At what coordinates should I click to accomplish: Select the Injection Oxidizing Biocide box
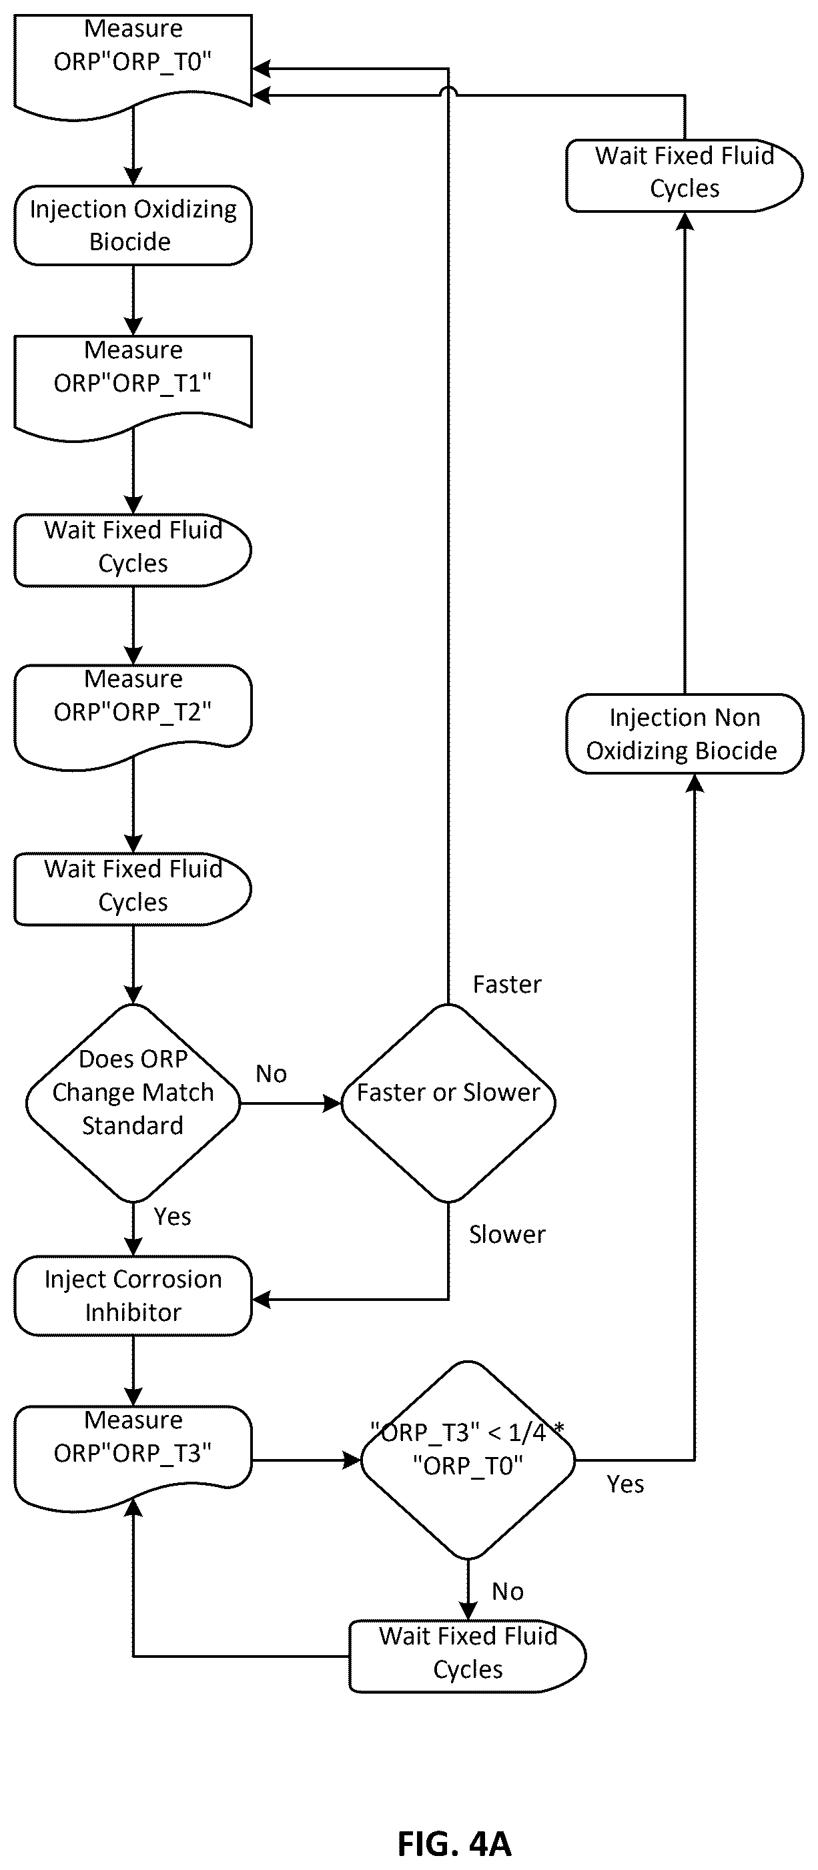[133, 225]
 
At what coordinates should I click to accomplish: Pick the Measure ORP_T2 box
[133, 715]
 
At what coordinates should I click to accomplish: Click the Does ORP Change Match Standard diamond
[133, 1103]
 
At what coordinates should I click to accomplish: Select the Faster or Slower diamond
[448, 1103]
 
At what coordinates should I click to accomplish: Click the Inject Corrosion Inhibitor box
[133, 1296]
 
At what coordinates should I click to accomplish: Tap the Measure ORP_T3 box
[133, 1456]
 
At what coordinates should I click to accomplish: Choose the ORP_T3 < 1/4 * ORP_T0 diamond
[468, 1460]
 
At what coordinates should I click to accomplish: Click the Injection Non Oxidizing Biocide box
[685, 734]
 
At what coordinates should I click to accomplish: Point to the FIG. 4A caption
[454, 1843]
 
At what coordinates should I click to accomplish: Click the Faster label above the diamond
[506, 984]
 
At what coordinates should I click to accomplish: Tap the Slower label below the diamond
[506, 1234]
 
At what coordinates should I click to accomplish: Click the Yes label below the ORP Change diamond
[172, 1217]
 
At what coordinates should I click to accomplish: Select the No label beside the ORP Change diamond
[271, 1073]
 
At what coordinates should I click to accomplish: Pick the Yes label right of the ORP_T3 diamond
[625, 1484]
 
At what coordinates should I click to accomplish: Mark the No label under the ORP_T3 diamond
[507, 1591]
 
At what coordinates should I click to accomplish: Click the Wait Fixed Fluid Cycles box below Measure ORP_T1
[133, 550]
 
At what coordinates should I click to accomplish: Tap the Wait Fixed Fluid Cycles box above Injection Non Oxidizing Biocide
[685, 175]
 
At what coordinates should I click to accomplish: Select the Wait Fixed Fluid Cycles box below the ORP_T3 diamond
[468, 1656]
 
